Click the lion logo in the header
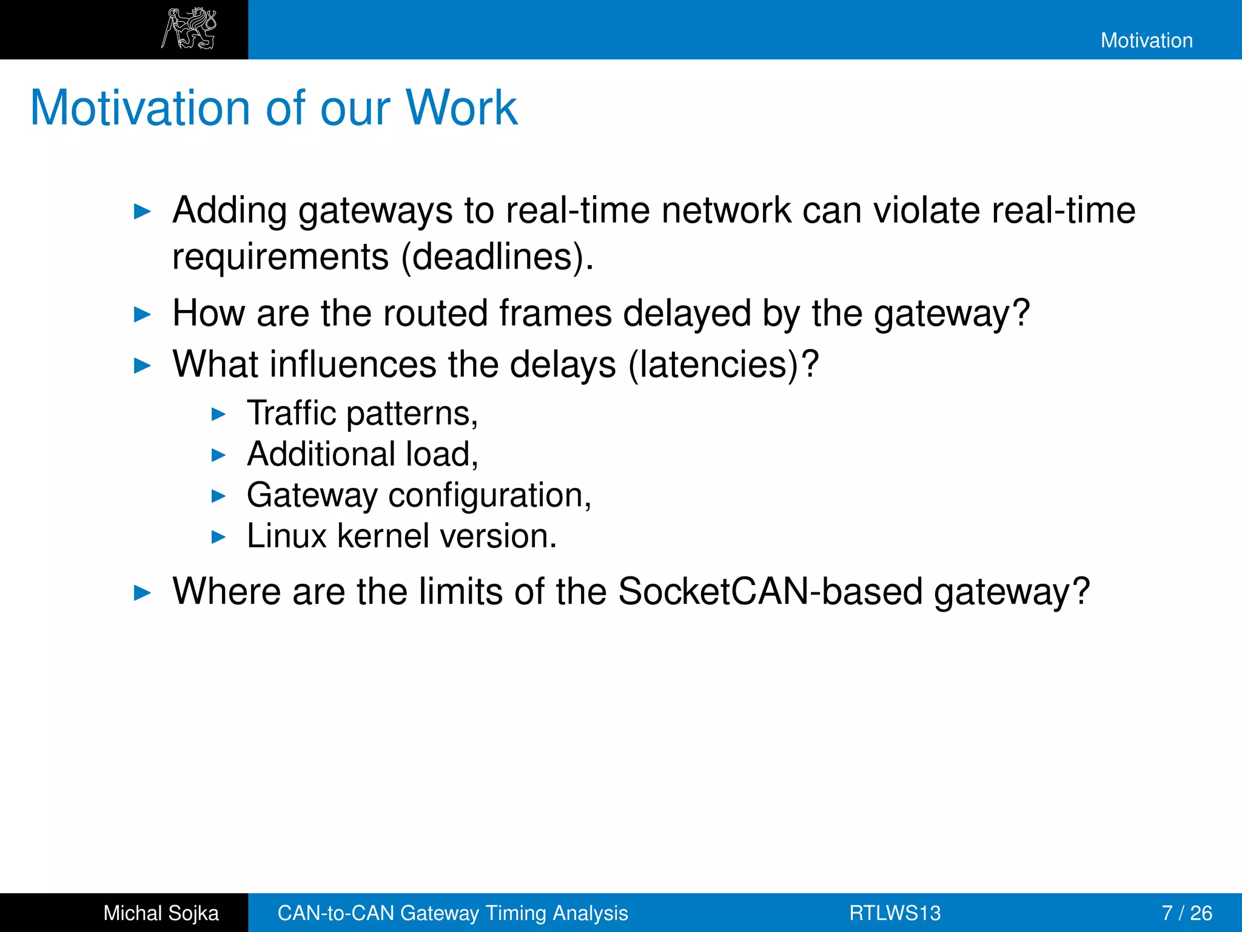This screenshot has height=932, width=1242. (x=189, y=29)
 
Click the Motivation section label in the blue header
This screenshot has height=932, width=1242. (x=1146, y=41)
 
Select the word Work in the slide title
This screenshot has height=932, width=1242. (x=461, y=108)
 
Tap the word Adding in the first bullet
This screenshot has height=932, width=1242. (x=229, y=211)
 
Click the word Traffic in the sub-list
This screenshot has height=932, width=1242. (x=291, y=413)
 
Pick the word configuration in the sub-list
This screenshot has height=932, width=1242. (x=489, y=495)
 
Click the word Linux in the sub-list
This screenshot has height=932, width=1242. (x=286, y=536)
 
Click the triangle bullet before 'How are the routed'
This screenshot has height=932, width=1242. (x=142, y=314)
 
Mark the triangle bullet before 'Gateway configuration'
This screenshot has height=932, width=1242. (x=218, y=496)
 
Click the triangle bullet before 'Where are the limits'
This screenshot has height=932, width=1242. (x=142, y=593)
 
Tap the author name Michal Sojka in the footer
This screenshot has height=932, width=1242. (x=161, y=913)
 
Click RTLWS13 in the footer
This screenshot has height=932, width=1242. (x=895, y=913)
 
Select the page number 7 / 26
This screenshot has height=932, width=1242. (x=1186, y=913)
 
